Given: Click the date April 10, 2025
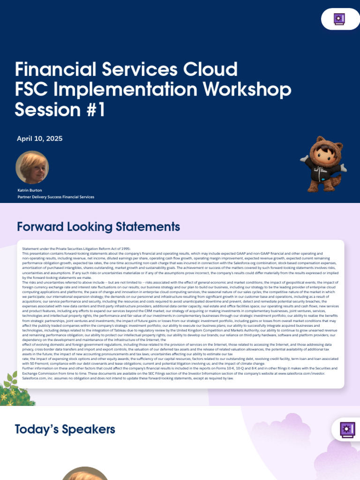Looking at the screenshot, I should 39,138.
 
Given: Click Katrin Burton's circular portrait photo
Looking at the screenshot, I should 32,167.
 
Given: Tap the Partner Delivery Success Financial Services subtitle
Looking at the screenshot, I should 56,197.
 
